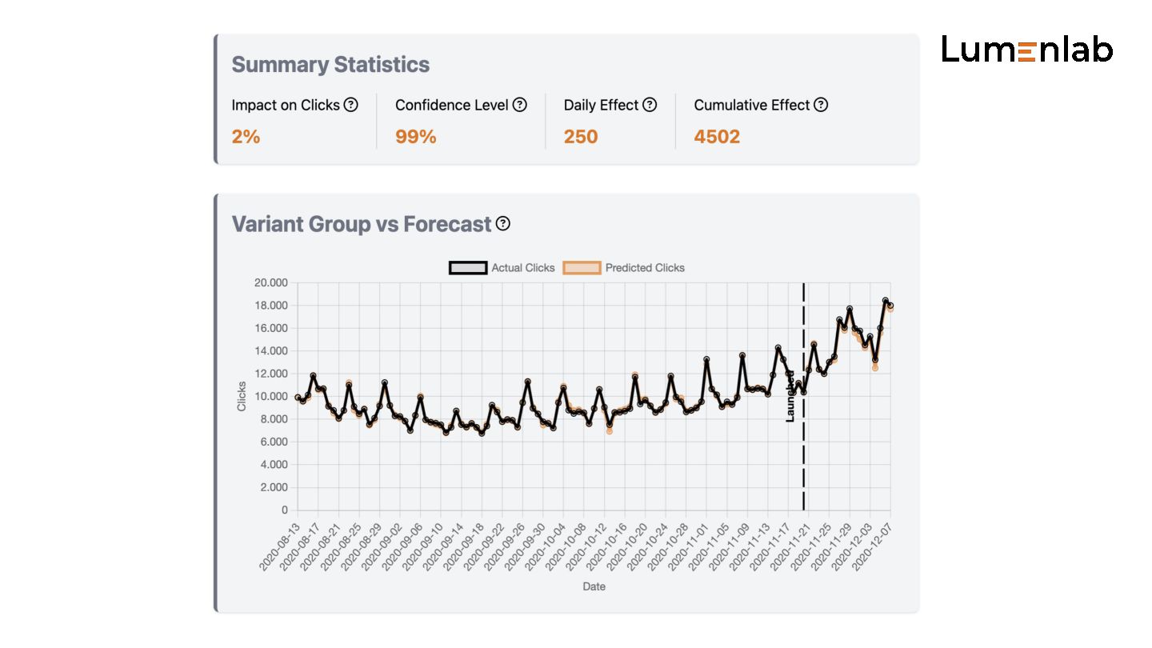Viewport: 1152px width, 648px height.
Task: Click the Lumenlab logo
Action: pyautogui.click(x=1026, y=50)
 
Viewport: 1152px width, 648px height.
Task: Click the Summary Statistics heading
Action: pyautogui.click(x=330, y=65)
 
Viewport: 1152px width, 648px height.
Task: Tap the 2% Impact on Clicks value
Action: pyautogui.click(x=246, y=137)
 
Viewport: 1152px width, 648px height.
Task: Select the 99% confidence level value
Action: pyautogui.click(x=415, y=137)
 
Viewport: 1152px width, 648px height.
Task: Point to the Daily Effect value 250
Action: pyautogui.click(x=580, y=137)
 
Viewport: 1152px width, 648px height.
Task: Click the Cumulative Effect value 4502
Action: pyautogui.click(x=717, y=137)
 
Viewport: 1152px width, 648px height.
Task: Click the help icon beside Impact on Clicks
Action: pyautogui.click(x=350, y=105)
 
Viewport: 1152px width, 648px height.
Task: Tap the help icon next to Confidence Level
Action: pyautogui.click(x=520, y=105)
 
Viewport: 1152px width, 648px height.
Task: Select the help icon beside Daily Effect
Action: pyautogui.click(x=650, y=105)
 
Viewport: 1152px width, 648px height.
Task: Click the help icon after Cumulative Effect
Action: pyautogui.click(x=821, y=105)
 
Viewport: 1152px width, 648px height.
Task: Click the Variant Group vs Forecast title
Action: pyautogui.click(x=361, y=224)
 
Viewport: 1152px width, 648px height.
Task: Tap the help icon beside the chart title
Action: pyautogui.click(x=502, y=224)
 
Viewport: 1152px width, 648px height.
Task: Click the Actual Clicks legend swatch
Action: pyautogui.click(x=468, y=268)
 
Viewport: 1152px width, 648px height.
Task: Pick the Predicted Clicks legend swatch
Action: pyautogui.click(x=582, y=268)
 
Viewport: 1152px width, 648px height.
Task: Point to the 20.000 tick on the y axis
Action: pyautogui.click(x=270, y=282)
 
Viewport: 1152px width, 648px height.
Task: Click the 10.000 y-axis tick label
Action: pyautogui.click(x=270, y=397)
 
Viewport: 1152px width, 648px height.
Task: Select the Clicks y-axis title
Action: pyautogui.click(x=242, y=397)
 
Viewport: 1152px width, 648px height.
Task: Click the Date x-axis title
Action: pyautogui.click(x=594, y=586)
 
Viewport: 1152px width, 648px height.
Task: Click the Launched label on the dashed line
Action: pyautogui.click(x=790, y=396)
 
